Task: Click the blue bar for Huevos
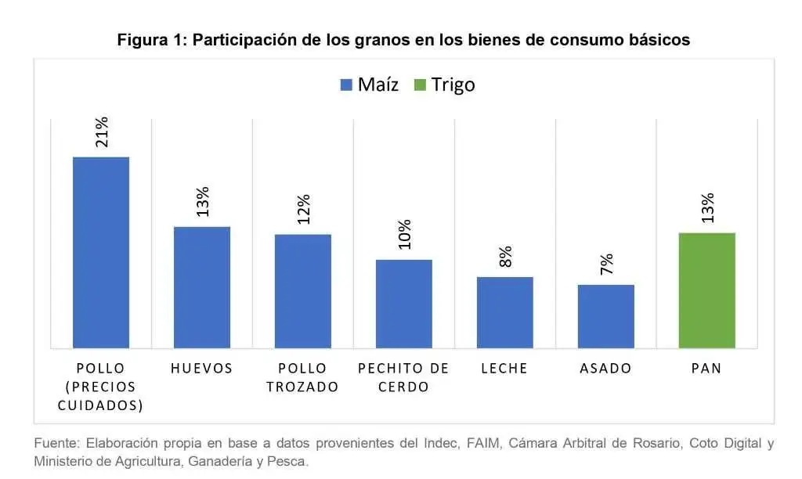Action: (x=202, y=287)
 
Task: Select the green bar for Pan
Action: (x=707, y=290)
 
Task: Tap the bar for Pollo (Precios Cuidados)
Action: (x=101, y=253)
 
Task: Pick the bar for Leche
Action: (x=505, y=312)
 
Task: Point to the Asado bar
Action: (x=606, y=316)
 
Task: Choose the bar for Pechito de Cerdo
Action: (x=404, y=304)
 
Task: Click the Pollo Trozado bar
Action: (x=303, y=291)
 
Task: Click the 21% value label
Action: (x=102, y=132)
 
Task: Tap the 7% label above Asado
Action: (x=607, y=264)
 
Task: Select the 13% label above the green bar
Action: (x=707, y=208)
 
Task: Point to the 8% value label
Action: (x=505, y=257)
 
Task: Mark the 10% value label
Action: (x=405, y=235)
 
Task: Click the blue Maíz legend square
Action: (x=346, y=85)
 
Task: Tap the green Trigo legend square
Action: (x=420, y=85)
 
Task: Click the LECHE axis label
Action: (x=504, y=368)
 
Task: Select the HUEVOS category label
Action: (x=202, y=368)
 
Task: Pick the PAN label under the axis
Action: (x=707, y=368)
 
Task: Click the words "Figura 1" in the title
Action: (x=149, y=40)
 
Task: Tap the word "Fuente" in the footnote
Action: (x=56, y=443)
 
